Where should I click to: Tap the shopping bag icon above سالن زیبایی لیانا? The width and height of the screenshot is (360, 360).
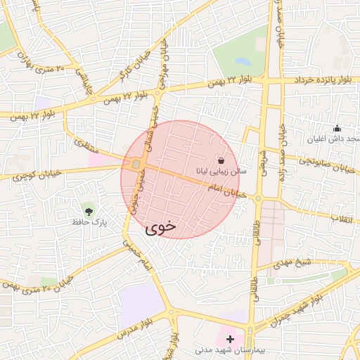(221, 160)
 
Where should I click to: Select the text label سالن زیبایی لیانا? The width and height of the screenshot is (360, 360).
(221, 172)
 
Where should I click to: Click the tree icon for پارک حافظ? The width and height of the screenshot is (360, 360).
(88, 210)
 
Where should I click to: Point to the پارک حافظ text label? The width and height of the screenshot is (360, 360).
(88, 221)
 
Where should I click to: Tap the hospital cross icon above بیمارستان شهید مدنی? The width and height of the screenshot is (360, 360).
(230, 339)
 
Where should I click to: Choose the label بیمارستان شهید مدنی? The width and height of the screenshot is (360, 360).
(229, 349)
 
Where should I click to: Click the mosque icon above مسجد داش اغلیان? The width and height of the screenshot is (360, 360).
(337, 129)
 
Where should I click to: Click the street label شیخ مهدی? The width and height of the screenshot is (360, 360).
(312, 263)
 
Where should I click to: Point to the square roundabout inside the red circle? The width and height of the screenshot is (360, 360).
(135, 165)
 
